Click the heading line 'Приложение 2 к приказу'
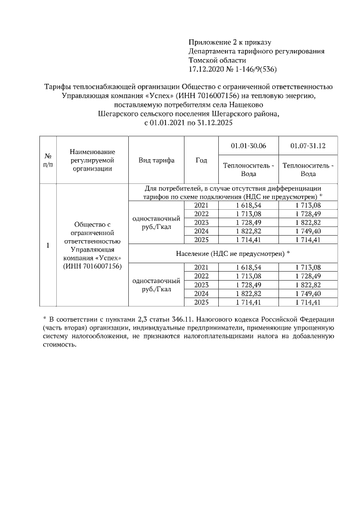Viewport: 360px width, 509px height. click(x=230, y=42)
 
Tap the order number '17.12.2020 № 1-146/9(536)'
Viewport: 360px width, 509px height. click(x=233, y=69)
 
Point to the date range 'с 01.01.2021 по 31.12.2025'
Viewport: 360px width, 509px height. click(x=188, y=122)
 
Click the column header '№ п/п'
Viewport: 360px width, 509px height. click(x=48, y=160)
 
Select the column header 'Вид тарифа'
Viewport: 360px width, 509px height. click(x=156, y=160)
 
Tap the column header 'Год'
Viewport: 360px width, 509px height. click(x=201, y=160)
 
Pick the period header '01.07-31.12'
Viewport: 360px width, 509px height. click(x=308, y=146)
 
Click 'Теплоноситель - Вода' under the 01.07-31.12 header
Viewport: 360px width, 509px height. click(x=308, y=169)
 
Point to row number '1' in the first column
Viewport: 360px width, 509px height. click(x=48, y=245)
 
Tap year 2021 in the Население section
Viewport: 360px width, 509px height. click(x=201, y=267)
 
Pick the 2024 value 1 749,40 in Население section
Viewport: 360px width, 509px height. click(x=308, y=294)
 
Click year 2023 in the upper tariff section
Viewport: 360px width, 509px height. click(x=201, y=223)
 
